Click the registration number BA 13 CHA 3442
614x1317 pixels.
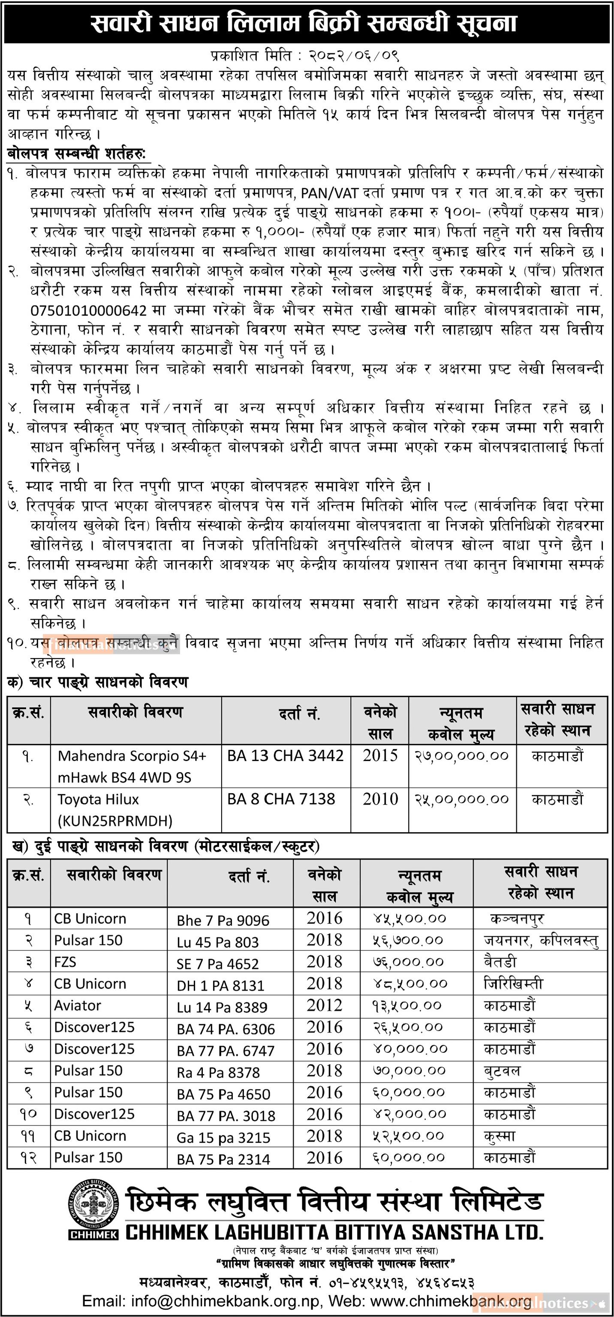(x=285, y=756)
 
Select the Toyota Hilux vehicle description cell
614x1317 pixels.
(x=115, y=810)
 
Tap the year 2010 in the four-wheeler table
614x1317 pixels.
(x=380, y=799)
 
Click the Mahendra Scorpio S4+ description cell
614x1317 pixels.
(x=132, y=766)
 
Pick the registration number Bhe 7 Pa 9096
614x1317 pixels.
(x=223, y=920)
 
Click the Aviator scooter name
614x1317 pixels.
(x=78, y=1006)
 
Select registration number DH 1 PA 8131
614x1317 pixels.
(x=220, y=985)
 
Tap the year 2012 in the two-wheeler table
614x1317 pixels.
(x=325, y=1005)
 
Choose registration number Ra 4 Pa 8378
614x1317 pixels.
(x=218, y=1072)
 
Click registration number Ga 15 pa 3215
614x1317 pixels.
(x=223, y=1137)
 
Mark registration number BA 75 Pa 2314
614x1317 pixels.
(x=223, y=1159)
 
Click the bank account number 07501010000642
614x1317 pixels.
(x=88, y=310)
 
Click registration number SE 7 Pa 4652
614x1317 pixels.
(x=218, y=964)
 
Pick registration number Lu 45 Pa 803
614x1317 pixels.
(x=218, y=942)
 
